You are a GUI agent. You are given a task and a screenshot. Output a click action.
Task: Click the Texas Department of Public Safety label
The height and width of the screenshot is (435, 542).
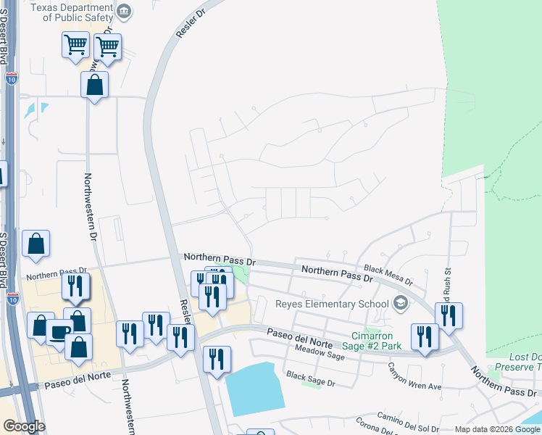click(x=72, y=12)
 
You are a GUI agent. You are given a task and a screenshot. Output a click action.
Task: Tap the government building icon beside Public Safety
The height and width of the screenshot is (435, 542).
click(x=125, y=11)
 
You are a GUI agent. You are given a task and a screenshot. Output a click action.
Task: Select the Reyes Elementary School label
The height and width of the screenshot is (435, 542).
click(x=331, y=304)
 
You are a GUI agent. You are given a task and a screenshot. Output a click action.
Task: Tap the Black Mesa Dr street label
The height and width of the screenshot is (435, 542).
click(x=388, y=273)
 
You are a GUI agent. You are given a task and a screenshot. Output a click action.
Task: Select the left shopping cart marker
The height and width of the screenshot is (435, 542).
click(x=76, y=47)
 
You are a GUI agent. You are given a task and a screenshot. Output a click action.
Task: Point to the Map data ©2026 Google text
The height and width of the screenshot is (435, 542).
click(x=496, y=429)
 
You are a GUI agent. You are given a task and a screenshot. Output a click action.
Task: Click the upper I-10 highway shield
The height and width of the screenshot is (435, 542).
click(x=11, y=78)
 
